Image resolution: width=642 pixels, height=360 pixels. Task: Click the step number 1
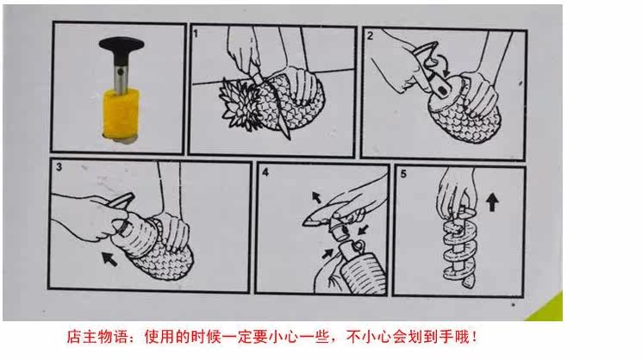point(196,34)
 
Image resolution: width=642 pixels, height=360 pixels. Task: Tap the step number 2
point(371,36)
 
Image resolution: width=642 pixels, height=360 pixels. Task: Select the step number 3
point(59,167)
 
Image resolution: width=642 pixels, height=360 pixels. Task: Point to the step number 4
point(265,172)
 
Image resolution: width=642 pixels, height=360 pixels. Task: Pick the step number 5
point(403,174)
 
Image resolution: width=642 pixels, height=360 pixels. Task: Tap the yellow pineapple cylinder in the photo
point(122,114)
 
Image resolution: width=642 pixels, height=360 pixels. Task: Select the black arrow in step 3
point(109,258)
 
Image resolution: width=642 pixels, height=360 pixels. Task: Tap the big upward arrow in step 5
point(492,202)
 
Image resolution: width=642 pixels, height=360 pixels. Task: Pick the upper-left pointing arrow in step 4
point(316,197)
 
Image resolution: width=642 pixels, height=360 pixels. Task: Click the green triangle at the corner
point(548,307)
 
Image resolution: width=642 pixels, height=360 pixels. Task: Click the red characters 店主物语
point(97,337)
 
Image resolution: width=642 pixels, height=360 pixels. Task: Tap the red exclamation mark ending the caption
point(474,337)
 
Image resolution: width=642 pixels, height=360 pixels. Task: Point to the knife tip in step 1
point(288,137)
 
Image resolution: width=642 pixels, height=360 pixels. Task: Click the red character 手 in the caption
point(446,337)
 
